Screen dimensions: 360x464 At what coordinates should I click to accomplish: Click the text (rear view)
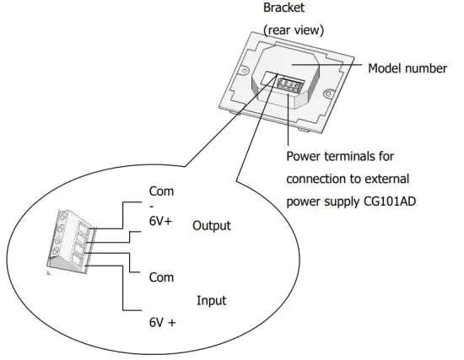coord(294,30)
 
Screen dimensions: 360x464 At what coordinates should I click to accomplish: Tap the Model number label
coord(407,68)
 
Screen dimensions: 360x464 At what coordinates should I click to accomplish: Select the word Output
coord(211,226)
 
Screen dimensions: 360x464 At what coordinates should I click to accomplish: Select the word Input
coord(211,299)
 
